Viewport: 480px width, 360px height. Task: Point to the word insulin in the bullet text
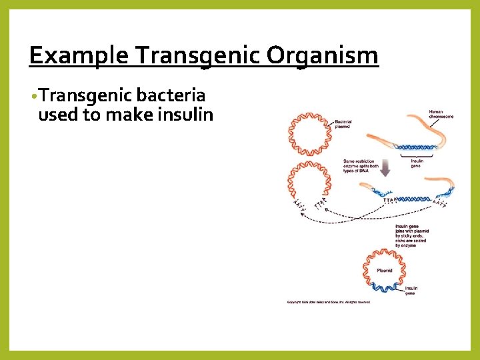click(185, 115)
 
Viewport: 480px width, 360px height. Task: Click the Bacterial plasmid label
click(343, 123)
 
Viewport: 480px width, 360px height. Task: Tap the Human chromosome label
click(441, 114)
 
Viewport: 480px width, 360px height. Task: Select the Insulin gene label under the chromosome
click(416, 163)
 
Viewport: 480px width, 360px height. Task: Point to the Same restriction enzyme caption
click(361, 165)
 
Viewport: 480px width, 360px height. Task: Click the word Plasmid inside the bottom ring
click(384, 271)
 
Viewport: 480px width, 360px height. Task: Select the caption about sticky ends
click(411, 235)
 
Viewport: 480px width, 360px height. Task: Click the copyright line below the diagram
click(328, 302)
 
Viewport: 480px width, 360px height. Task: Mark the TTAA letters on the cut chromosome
click(389, 199)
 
